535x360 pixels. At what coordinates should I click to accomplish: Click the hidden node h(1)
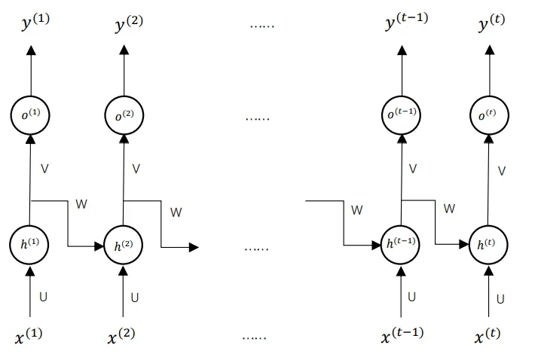(x=30, y=245)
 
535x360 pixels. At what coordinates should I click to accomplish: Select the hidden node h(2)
(x=122, y=246)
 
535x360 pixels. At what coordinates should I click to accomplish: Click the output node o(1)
(x=30, y=114)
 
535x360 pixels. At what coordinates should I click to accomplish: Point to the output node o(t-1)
(x=401, y=114)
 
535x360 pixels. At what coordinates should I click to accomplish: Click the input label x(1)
(x=29, y=336)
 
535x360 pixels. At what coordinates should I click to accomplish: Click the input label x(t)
(x=487, y=334)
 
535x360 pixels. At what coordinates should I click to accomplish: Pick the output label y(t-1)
(x=406, y=23)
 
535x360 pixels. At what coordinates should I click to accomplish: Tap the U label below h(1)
(x=43, y=297)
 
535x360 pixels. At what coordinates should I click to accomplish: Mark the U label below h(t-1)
(x=411, y=297)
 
